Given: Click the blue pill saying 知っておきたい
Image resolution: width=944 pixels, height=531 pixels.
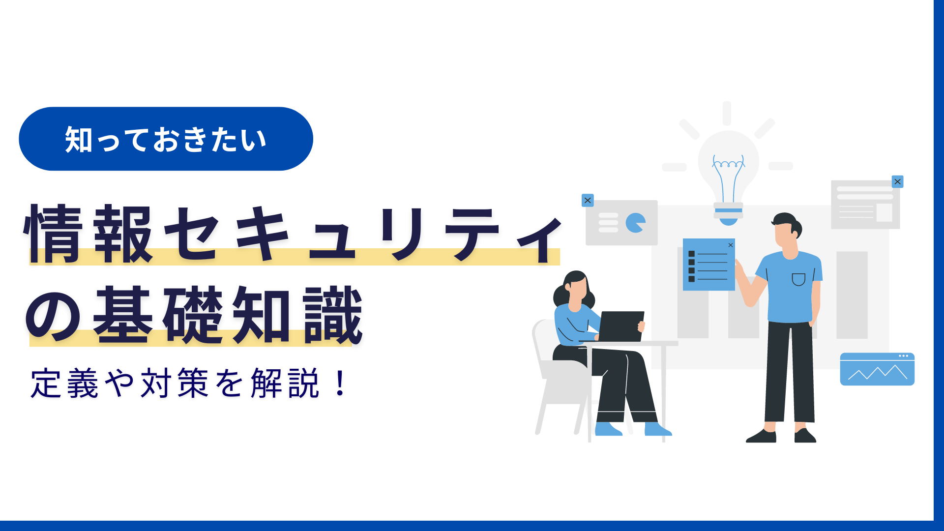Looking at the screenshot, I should (166, 139).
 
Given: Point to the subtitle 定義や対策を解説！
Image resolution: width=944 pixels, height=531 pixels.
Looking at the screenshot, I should (189, 383).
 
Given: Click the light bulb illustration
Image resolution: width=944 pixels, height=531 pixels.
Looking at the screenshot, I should (728, 170).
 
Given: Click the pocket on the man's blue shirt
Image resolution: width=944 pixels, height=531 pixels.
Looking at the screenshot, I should (798, 279).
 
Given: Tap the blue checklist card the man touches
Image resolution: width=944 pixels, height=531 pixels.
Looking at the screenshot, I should (708, 265).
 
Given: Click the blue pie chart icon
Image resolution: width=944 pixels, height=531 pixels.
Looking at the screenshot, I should (636, 223).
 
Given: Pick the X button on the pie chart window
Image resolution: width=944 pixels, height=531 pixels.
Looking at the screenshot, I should (588, 201).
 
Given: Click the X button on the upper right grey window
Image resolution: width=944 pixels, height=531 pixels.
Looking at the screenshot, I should (897, 182).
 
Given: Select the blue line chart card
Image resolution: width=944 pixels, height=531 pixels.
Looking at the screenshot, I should (877, 369).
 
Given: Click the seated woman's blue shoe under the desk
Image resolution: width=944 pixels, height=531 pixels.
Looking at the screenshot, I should (657, 429).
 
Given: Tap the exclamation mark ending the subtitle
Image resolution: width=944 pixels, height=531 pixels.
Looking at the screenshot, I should (340, 383).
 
